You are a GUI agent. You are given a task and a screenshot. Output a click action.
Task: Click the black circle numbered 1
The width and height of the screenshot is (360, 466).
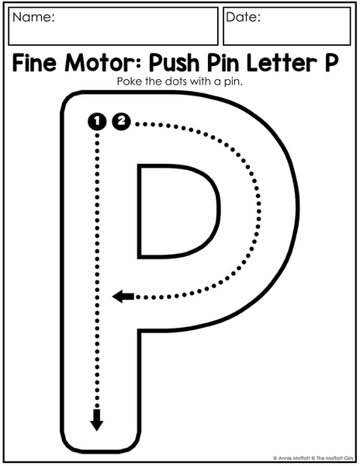coord(97,121)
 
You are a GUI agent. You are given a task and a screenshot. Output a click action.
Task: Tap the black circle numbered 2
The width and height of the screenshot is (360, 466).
coord(121,121)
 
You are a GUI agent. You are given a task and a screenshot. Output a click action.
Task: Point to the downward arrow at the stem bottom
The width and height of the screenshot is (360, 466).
coord(97,419)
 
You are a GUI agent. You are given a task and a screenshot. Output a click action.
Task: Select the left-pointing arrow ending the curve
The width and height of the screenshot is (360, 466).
coord(123,297)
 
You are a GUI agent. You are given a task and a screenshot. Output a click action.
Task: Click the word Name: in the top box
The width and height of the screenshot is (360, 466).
coord(33,17)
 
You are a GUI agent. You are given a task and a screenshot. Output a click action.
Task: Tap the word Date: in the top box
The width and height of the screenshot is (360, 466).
coord(243,17)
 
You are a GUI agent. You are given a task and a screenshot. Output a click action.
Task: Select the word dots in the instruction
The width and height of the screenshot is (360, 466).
coord(176,81)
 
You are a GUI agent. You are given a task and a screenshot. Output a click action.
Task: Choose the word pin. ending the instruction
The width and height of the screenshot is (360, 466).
coord(234,82)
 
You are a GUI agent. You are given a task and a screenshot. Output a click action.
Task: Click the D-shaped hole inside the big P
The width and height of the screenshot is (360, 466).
coord(178,210)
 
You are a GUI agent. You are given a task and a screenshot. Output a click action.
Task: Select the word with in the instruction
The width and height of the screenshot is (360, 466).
coord(200,81)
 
